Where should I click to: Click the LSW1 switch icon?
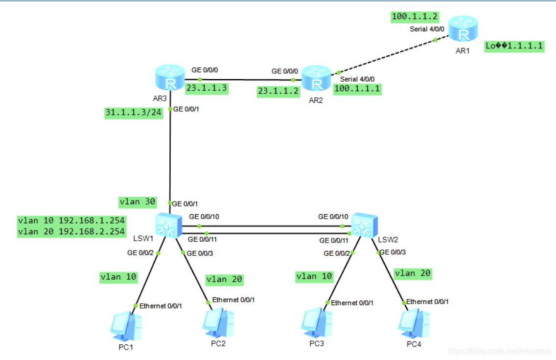pos(168,225)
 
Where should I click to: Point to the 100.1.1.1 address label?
pos(357,89)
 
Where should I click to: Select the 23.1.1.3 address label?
pos(207,89)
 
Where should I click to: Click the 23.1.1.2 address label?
pos(277,91)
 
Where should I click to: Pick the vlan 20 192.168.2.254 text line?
pos(71,231)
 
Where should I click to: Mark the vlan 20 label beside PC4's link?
pos(413,273)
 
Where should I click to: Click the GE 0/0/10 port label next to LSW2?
pos(333,216)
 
